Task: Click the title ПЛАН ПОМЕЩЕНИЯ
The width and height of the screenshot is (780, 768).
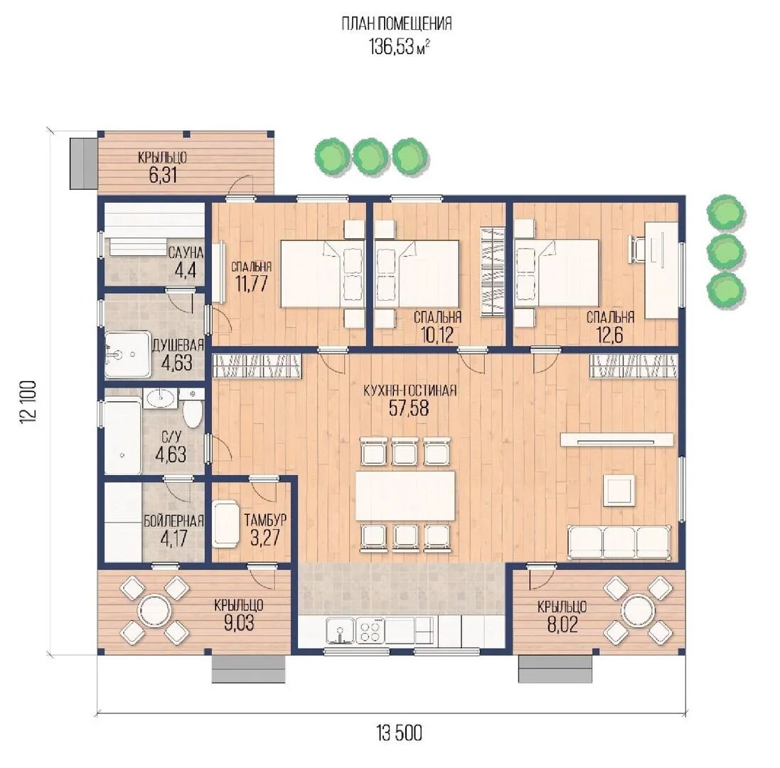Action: pyautogui.click(x=397, y=23)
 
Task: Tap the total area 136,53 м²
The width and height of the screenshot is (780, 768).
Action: pyautogui.click(x=399, y=46)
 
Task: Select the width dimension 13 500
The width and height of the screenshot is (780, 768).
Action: pyautogui.click(x=399, y=732)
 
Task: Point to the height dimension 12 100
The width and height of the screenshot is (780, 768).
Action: pyautogui.click(x=28, y=402)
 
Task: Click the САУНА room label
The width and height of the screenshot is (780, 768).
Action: pyautogui.click(x=186, y=252)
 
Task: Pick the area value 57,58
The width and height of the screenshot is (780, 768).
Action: pyautogui.click(x=408, y=408)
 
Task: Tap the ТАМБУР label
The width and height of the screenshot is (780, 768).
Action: pyautogui.click(x=265, y=520)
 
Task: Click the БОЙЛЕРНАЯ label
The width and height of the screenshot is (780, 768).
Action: pyautogui.click(x=173, y=521)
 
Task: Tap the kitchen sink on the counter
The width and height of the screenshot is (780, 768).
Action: pyautogui.click(x=341, y=630)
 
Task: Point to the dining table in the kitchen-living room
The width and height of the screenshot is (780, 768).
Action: pyautogui.click(x=405, y=496)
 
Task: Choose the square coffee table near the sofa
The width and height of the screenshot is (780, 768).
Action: pyautogui.click(x=619, y=491)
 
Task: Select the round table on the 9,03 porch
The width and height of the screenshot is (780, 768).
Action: pyautogui.click(x=154, y=610)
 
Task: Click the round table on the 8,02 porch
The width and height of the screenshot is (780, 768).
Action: pyautogui.click(x=639, y=610)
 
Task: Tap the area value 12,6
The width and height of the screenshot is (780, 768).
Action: pyautogui.click(x=609, y=335)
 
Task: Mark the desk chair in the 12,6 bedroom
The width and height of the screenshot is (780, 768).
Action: pyautogui.click(x=637, y=248)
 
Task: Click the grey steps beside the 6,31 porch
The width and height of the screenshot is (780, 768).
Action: pyautogui.click(x=83, y=163)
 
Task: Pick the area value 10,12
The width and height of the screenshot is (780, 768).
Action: pyautogui.click(x=437, y=335)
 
